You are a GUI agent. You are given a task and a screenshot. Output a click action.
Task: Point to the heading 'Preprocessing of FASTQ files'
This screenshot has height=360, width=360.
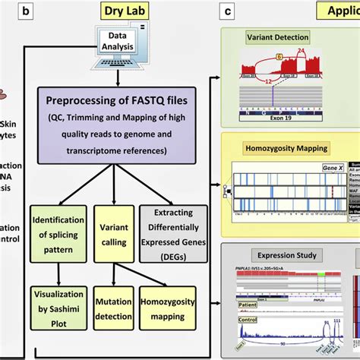coord(117,100)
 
